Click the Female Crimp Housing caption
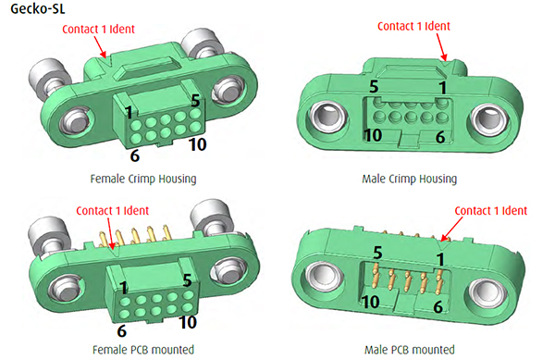coord(138,178)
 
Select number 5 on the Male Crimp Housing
coord(373,86)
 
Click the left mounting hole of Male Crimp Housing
coord(322,118)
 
